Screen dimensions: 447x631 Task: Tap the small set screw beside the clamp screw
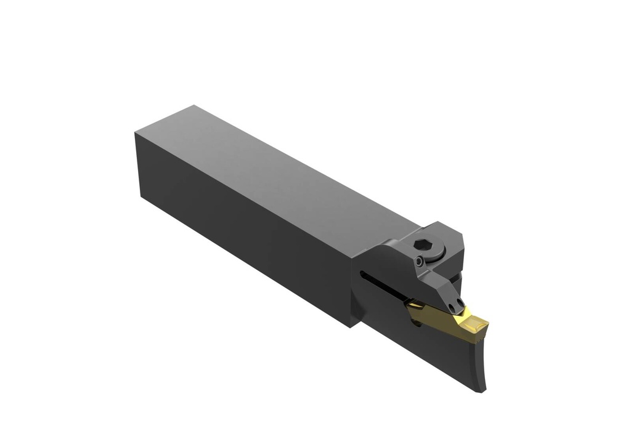419,262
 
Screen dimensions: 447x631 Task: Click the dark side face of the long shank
246,228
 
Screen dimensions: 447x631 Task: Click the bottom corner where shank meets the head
350,326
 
